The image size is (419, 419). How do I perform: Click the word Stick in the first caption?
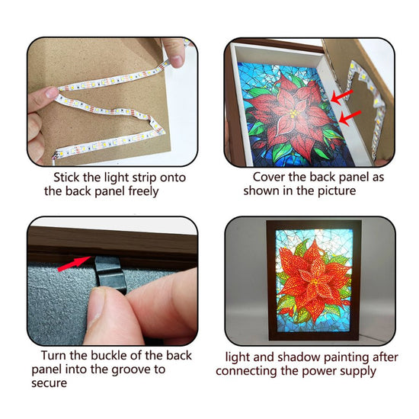click(x=66, y=178)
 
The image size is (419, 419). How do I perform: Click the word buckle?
click(x=109, y=356)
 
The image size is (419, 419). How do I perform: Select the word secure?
click(x=50, y=383)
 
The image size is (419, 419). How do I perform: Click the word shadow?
click(x=299, y=357)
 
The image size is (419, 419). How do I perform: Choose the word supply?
click(x=357, y=372)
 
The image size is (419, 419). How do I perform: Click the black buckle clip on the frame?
click(x=110, y=274)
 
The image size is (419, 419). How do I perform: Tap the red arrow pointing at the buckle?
click(x=75, y=264)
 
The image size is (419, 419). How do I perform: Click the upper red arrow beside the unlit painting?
click(x=342, y=97)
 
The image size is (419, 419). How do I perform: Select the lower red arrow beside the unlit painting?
click(x=350, y=118)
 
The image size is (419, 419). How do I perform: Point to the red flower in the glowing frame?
click(x=313, y=280)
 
